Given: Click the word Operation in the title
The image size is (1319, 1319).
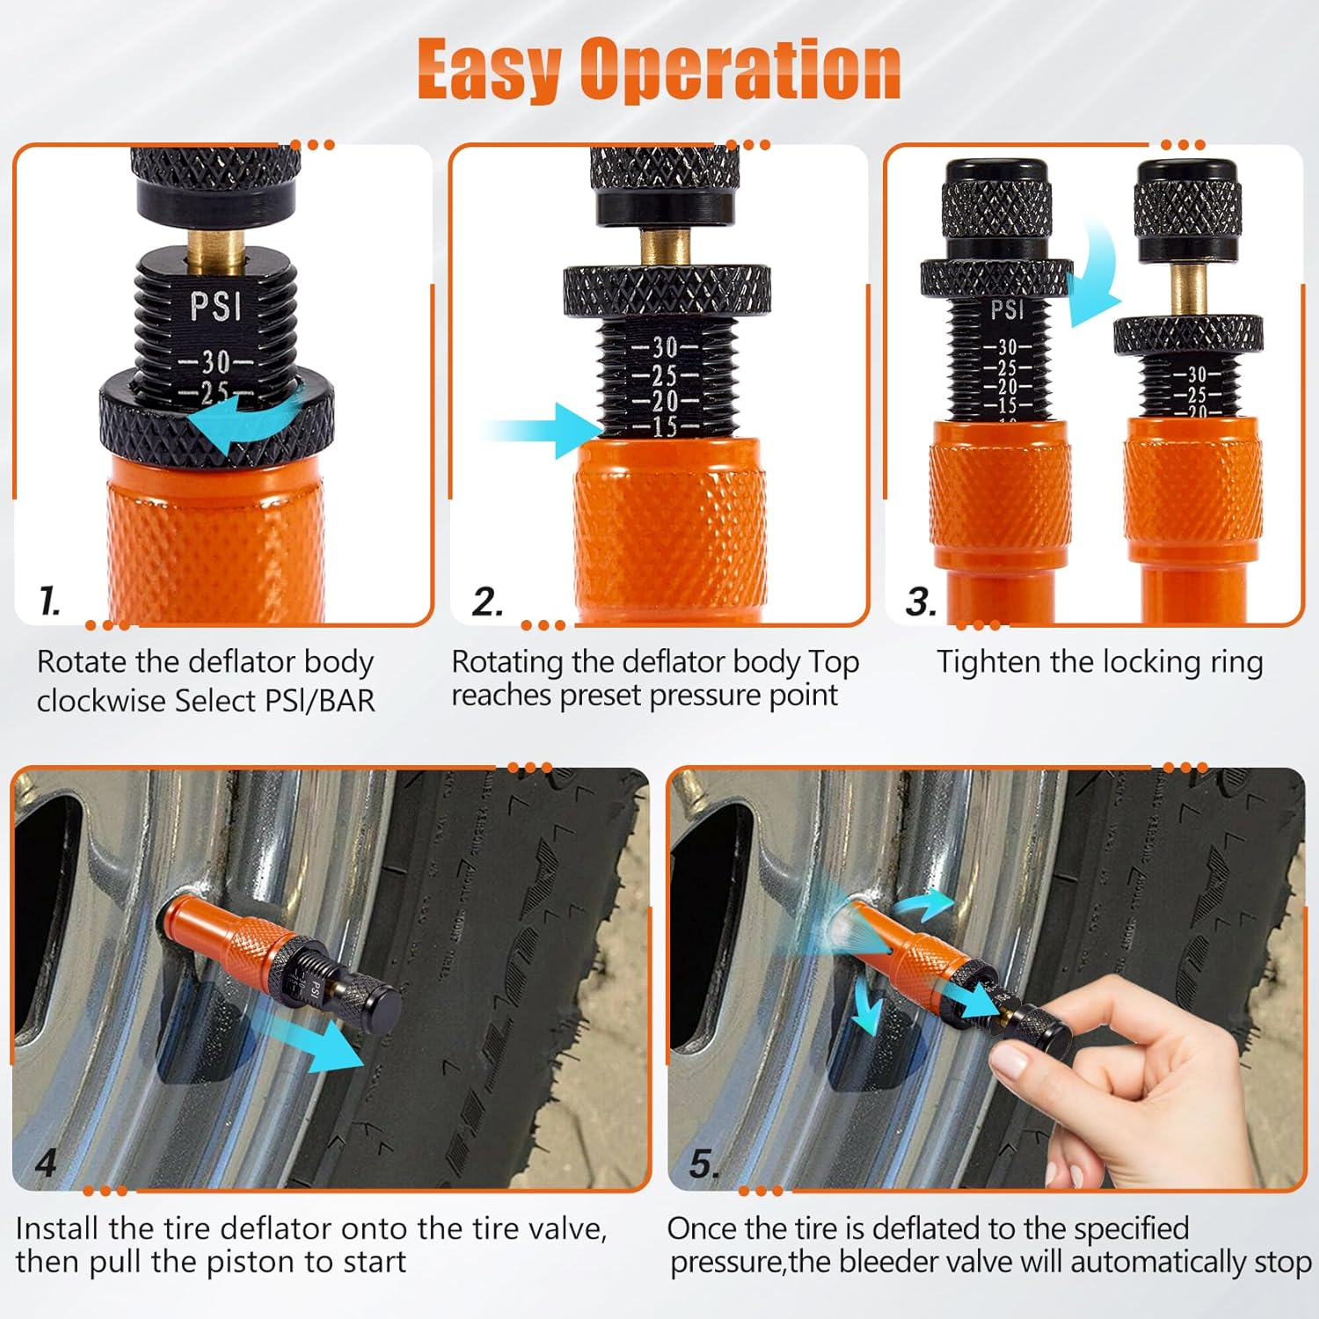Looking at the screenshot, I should coord(740,70).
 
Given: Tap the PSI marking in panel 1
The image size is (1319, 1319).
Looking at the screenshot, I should coord(215,306).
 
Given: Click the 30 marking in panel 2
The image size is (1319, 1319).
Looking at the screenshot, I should coord(665,348).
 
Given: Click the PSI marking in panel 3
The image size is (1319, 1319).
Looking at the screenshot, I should coord(1007,310).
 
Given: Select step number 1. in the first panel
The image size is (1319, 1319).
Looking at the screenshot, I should coord(50,601).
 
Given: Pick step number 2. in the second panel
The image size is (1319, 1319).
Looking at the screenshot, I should coord(487,602).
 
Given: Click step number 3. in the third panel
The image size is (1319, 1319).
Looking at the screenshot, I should coord(921,602).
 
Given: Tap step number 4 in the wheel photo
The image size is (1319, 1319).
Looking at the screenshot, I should coord(46,1164).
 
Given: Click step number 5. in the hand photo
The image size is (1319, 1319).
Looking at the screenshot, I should coord(704,1164).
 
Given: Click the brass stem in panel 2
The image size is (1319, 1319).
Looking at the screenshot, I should coord(665,246).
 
